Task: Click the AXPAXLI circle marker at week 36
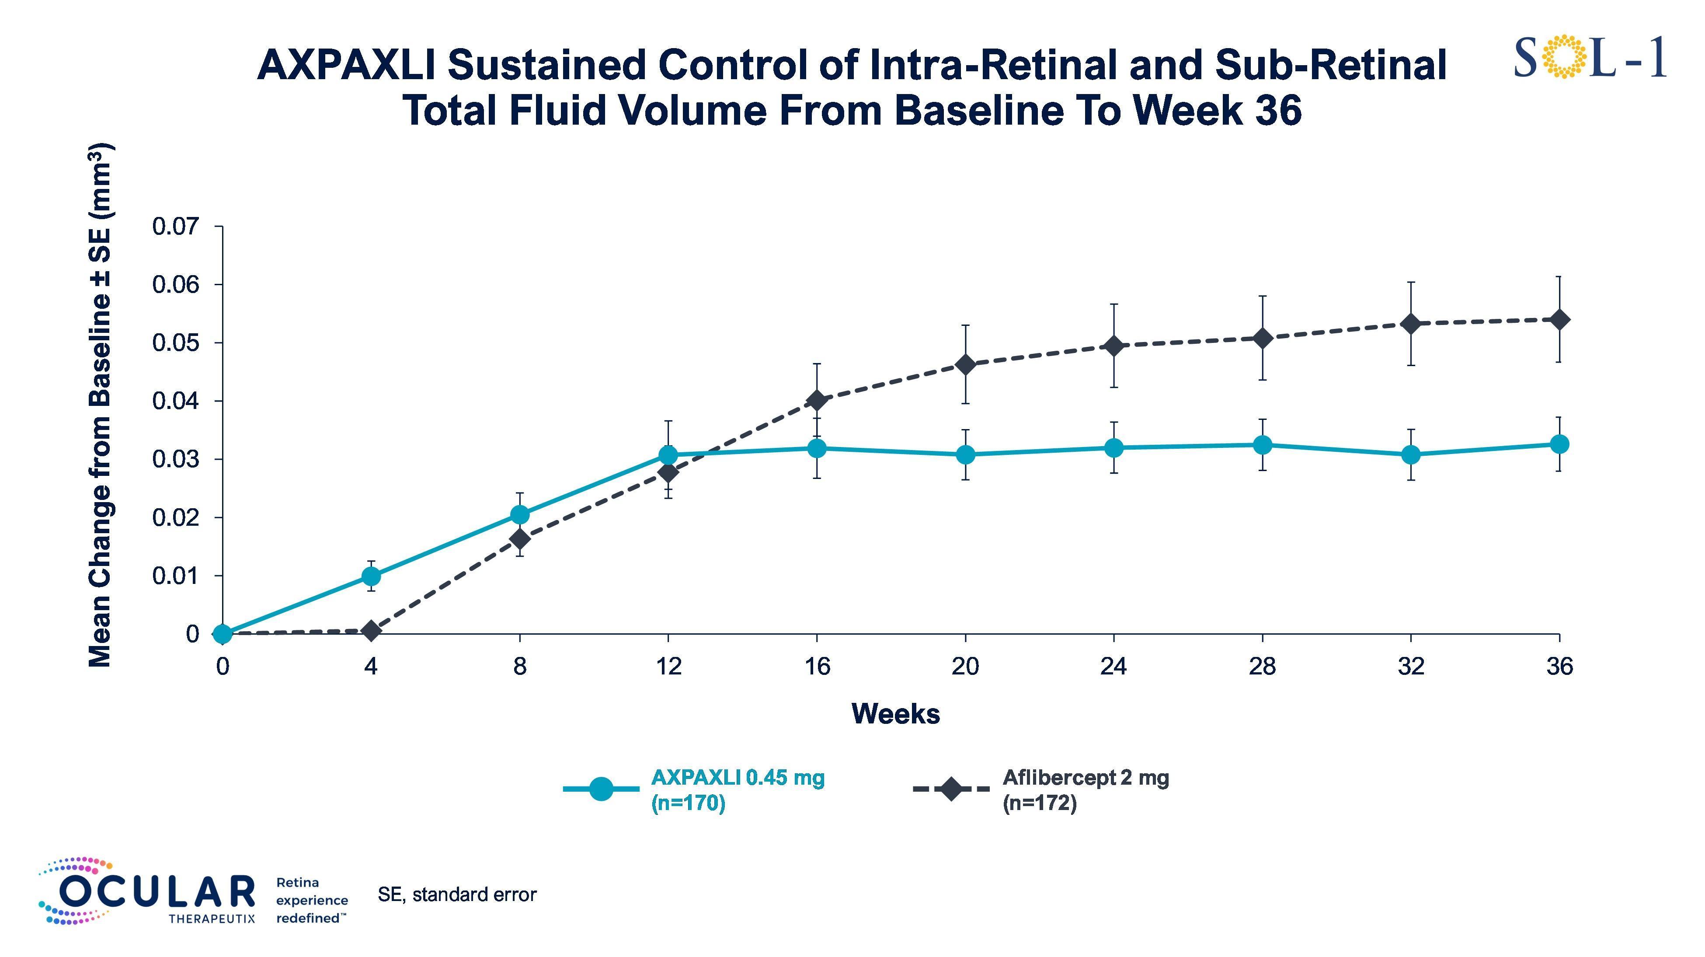coord(1559,444)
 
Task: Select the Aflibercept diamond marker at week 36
coord(1559,320)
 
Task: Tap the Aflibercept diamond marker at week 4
coord(371,631)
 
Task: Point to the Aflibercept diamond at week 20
coord(966,365)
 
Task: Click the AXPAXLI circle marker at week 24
coord(1114,448)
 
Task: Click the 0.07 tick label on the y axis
coord(175,227)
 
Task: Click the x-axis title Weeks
coord(895,714)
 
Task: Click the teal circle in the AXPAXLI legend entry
coord(601,789)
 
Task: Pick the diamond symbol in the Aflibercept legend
coord(951,789)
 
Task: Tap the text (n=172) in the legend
coord(1040,803)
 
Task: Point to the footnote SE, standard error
coord(457,895)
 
